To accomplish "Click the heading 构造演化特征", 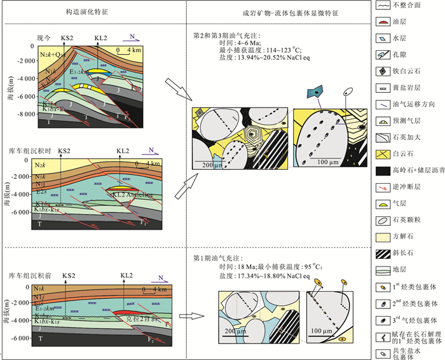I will [97, 11].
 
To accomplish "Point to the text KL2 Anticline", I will [131, 195].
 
